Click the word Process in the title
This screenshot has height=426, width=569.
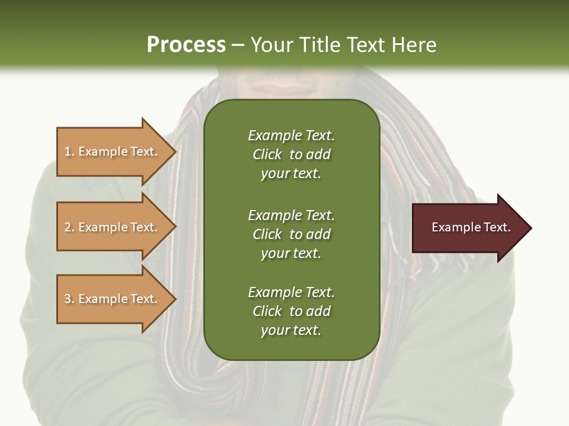point(186,44)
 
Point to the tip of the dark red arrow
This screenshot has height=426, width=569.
point(530,228)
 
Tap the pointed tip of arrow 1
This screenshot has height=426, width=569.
point(174,151)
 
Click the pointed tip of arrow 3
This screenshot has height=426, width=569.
point(174,299)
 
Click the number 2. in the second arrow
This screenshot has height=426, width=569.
point(69,227)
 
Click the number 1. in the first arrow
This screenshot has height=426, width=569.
point(69,151)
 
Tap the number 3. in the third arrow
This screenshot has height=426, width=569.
point(69,299)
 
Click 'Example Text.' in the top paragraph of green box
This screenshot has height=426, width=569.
point(291,135)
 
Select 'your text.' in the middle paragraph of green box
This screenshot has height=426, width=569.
point(291,253)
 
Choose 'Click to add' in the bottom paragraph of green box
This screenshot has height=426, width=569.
point(291,311)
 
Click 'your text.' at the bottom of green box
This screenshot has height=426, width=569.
point(291,330)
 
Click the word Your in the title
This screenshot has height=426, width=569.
point(271,44)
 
